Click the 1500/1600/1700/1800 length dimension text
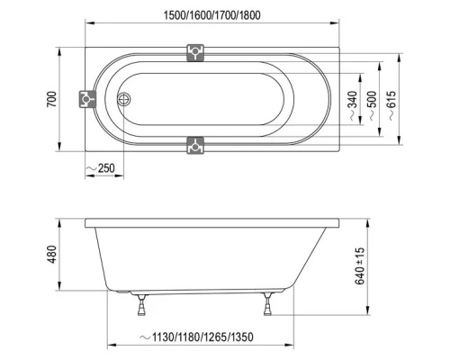tap(211, 15)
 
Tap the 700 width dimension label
tap(52, 99)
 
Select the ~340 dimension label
tap(353, 105)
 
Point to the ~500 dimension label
tap(372, 105)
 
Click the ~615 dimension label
tap(391, 105)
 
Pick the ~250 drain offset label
tap(101, 168)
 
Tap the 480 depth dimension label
tap(52, 255)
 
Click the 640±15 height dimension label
tap(359, 265)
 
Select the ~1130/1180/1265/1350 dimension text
tap(196, 337)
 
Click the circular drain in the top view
tap(123, 99)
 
